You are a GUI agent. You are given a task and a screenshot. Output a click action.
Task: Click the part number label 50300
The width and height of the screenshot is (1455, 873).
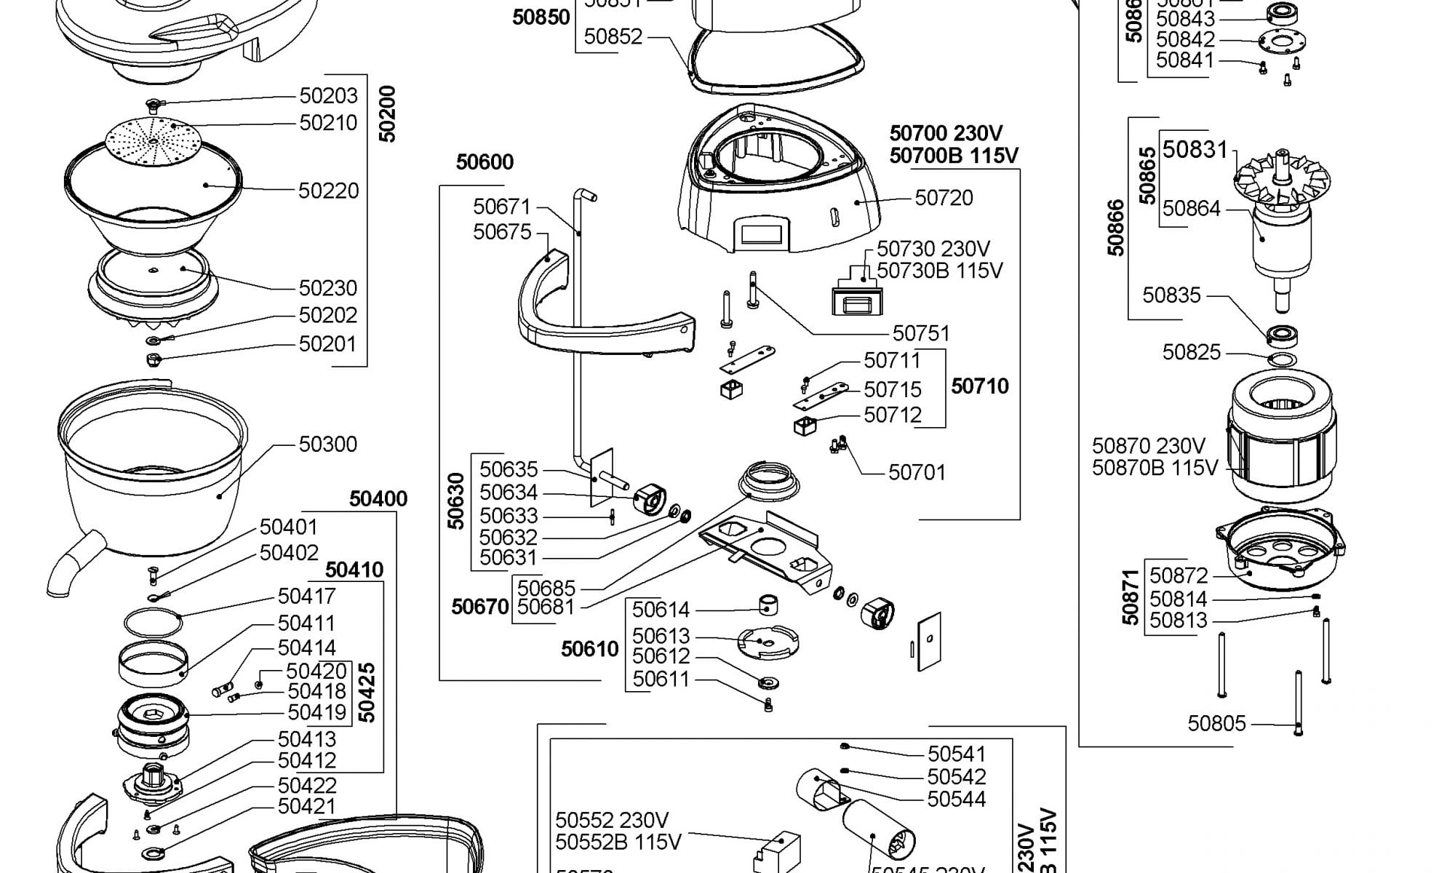click(328, 445)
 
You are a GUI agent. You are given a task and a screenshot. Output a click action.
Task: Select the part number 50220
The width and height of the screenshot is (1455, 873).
click(329, 191)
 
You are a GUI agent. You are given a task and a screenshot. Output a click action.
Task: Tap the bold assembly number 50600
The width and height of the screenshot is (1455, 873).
click(485, 162)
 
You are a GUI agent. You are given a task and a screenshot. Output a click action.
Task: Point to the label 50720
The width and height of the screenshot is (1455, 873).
click(944, 198)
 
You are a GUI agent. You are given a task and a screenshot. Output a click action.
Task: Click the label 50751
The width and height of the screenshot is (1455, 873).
click(921, 333)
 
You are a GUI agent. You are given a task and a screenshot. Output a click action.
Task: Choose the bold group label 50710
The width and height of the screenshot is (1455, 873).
click(980, 386)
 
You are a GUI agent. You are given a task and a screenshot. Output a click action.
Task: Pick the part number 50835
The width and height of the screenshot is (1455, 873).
click(1171, 295)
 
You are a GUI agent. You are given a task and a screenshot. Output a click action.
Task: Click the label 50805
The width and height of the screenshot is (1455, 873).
click(1216, 724)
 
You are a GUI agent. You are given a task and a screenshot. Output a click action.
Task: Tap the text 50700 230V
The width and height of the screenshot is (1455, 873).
click(946, 134)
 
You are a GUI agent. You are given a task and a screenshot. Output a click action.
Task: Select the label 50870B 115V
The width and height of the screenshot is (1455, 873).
click(1155, 468)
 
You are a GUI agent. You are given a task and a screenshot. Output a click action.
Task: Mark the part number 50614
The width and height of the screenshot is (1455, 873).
click(661, 610)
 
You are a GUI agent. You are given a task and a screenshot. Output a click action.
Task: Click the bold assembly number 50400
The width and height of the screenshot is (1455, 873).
click(378, 499)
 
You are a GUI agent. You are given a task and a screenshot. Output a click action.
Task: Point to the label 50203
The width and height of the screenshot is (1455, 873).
click(329, 96)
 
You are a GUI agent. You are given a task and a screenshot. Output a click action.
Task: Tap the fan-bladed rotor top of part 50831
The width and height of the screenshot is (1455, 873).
click(1283, 178)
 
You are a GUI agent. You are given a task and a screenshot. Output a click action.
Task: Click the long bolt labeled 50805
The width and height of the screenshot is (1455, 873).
click(1298, 702)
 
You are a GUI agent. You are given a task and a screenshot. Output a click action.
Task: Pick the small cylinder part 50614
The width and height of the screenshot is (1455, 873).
click(770, 605)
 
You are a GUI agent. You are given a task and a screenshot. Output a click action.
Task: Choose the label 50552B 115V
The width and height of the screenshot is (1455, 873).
click(618, 842)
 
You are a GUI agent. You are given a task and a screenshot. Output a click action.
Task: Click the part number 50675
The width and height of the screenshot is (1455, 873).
click(502, 232)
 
